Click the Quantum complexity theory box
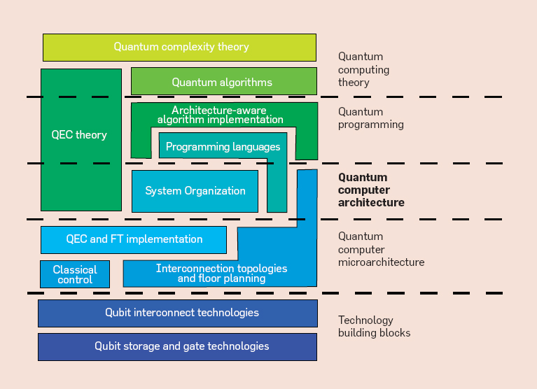coord(179,48)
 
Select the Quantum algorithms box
coord(223,82)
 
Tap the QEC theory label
coord(79,134)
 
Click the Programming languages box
coord(223,147)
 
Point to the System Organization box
coord(195,191)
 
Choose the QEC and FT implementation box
coord(134,239)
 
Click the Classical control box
coord(75,274)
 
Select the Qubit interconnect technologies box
coord(178,313)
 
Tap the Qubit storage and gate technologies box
coord(178,346)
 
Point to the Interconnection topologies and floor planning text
coord(221,274)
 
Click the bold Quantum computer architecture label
coord(371,190)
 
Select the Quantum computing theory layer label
coord(363,69)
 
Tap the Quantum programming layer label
coord(370,118)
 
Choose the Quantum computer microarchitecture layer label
coord(380,250)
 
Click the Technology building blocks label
coord(374,326)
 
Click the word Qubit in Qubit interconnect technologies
coord(118,313)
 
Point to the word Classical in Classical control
coord(75,269)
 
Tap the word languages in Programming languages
coord(253,147)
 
